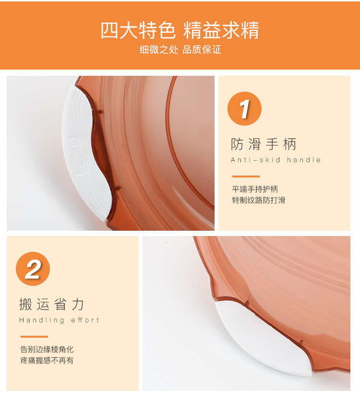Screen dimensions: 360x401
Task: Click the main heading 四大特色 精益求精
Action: coord(180,30)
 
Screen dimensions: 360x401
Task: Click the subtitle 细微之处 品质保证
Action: coord(180,49)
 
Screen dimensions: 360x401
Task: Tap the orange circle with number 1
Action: coord(244,109)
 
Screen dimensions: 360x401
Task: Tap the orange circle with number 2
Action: coord(33,269)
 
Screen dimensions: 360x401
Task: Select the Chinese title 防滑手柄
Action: coord(264,144)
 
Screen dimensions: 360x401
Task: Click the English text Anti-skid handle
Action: coord(276,160)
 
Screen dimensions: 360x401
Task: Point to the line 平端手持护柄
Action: coord(255,189)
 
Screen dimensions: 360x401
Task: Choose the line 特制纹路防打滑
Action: coord(259,200)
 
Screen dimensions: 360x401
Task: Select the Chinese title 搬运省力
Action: coord(51,304)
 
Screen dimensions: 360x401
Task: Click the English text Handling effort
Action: coord(60,320)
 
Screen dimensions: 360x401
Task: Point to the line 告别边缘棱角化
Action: coord(47,349)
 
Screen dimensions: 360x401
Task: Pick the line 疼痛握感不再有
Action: coord(47,360)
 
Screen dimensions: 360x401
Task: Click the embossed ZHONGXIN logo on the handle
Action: coord(76,155)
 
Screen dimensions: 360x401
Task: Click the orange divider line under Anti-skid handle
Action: coord(246,177)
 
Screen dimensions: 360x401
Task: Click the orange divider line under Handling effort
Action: coord(34,337)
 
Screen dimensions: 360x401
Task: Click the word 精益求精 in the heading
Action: coord(221,30)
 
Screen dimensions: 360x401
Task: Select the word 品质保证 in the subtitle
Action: coord(202,49)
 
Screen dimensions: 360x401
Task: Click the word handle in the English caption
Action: coord(304,160)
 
